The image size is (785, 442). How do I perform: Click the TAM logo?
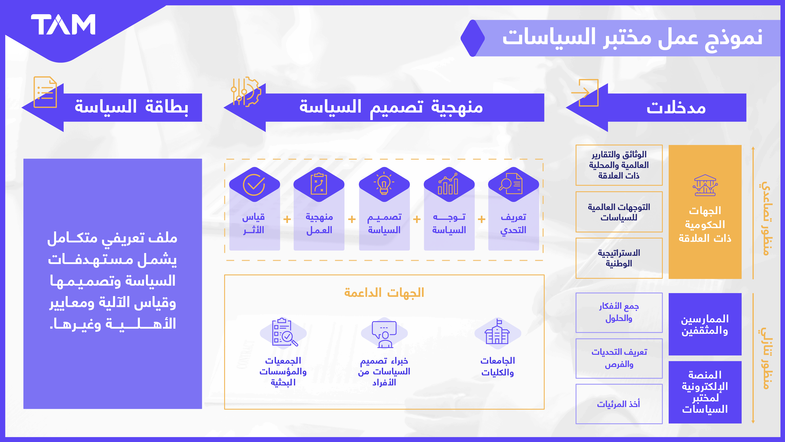tap(63, 24)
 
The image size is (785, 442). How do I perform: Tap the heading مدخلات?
tap(676, 108)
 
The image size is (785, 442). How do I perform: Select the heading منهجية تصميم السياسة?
tap(391, 108)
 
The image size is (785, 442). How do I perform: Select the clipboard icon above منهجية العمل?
tap(319, 184)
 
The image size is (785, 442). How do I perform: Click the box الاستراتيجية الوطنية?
tap(619, 258)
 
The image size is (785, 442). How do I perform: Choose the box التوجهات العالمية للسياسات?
tap(619, 212)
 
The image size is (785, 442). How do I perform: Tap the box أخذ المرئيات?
tap(619, 404)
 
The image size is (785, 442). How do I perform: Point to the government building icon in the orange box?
tap(705, 185)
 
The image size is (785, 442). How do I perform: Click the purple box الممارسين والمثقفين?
tap(705, 324)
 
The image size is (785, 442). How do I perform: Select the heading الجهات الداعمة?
tap(384, 293)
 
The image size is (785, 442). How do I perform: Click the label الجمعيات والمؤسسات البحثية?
tap(283, 371)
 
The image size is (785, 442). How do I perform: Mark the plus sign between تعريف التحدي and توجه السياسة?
tap(481, 219)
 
